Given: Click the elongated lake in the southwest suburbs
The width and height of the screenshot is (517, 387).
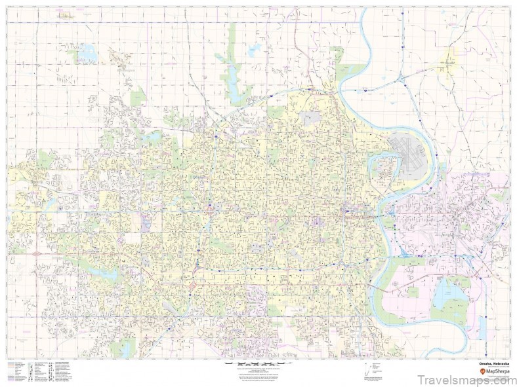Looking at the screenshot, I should [x=98, y=270].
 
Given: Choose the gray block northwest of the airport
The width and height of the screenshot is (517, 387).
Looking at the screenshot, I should [x=311, y=119].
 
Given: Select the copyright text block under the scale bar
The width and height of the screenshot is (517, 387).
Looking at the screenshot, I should [x=257, y=374].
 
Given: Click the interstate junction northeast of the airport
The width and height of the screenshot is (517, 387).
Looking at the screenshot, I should [x=401, y=79].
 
